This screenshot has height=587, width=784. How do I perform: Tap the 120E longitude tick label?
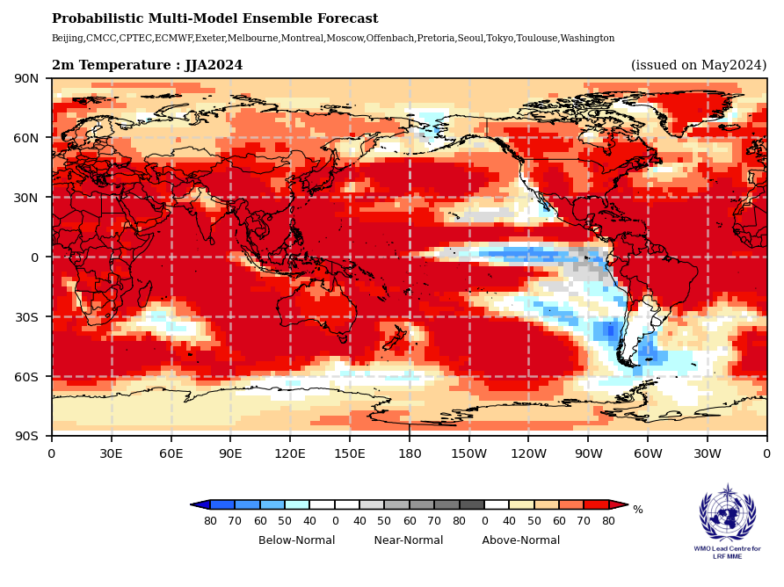point(290,453)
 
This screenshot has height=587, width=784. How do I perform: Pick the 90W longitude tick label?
point(588,453)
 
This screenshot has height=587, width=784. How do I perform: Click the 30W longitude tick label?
point(708,453)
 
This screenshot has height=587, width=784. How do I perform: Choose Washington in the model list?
point(587,39)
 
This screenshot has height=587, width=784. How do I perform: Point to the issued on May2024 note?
point(699,65)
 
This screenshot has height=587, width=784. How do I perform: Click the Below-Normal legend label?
point(296,540)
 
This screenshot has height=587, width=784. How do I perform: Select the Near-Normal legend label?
point(409,540)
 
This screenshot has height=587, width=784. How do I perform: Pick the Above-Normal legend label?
point(520,540)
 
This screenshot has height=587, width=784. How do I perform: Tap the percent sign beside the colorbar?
point(637,510)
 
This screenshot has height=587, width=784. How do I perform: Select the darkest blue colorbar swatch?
point(222,504)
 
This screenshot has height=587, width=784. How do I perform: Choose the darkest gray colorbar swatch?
point(471,504)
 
